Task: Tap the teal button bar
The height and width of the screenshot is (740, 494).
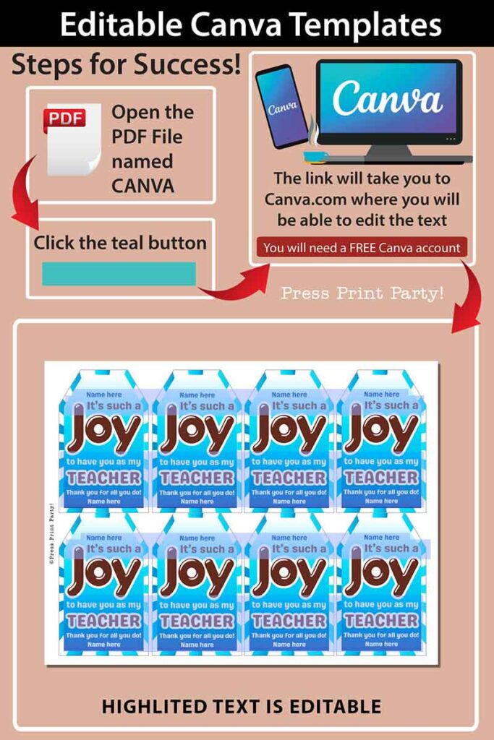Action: [x=119, y=273]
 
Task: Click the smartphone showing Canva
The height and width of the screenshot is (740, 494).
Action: [x=282, y=106]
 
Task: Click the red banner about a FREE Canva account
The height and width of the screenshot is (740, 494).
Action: [x=362, y=248]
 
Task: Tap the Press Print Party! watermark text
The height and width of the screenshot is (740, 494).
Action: [x=362, y=293]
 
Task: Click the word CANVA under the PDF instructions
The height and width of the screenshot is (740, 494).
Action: [x=142, y=186]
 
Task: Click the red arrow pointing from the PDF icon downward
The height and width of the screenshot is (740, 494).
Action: [x=25, y=191]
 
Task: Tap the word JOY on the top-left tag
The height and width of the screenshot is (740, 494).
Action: [x=104, y=433]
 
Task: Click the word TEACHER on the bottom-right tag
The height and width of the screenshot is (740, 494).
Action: [x=381, y=620]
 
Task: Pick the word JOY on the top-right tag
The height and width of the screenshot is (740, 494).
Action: [x=381, y=433]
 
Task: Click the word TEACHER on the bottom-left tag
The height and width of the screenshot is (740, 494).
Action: [x=104, y=620]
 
